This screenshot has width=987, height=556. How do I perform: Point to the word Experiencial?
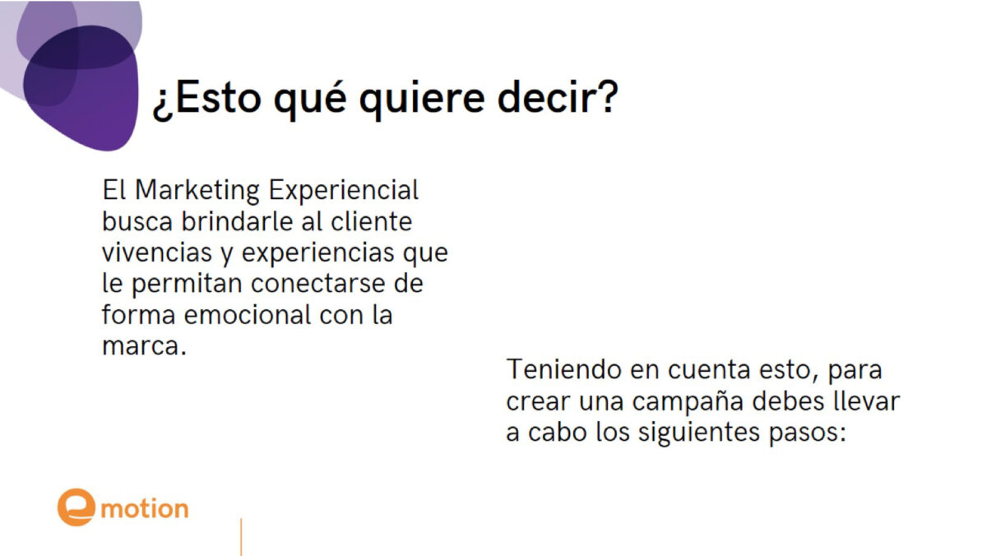pos(343,191)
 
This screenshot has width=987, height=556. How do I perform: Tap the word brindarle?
pos(237,221)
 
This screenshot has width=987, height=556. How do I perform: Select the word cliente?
pos(372,221)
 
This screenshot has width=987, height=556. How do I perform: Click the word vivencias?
pos(157,253)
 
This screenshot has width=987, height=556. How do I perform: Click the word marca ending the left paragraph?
pos(140,346)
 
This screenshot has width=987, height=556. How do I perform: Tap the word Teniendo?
pos(563,368)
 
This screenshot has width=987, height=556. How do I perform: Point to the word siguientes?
pos(699,433)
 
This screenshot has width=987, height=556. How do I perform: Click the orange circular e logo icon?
pos(76,507)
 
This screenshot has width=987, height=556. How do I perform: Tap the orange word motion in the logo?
pos(145,509)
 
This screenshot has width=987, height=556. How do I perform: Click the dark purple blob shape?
pos(81,88)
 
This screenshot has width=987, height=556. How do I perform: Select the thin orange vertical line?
pos(241,537)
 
